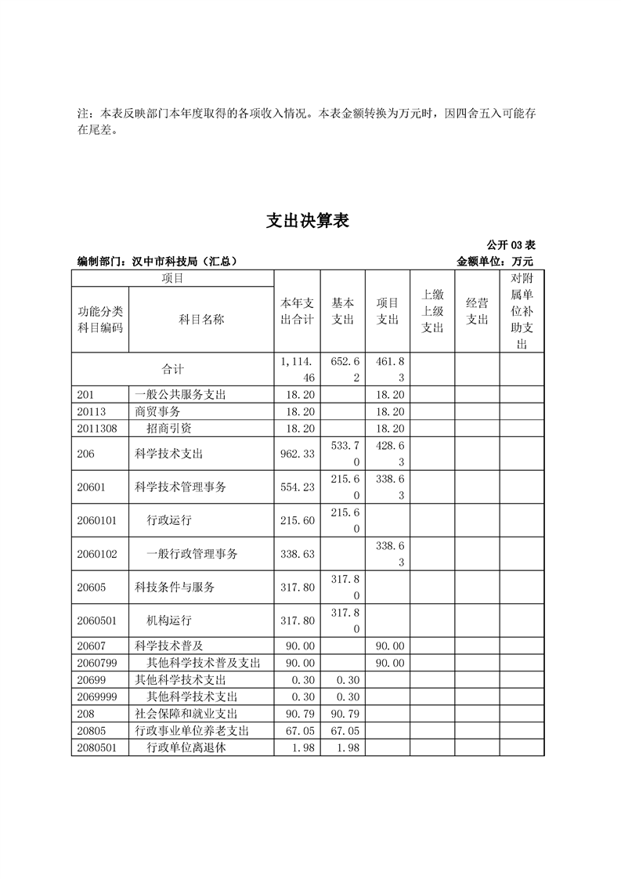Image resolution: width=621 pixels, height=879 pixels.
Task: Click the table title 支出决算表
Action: pos(307,222)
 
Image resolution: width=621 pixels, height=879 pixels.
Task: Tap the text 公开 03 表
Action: pos(511,245)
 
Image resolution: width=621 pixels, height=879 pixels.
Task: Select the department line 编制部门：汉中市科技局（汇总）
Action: pos(157,262)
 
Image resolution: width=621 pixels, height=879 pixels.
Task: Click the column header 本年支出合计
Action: pos(297,311)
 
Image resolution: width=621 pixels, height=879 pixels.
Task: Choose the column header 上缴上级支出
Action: pos(432,311)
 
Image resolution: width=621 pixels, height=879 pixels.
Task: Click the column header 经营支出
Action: pos(477,311)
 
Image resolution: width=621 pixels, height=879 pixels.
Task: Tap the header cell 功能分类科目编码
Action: pos(100,320)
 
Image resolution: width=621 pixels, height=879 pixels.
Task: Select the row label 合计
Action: pos(172,369)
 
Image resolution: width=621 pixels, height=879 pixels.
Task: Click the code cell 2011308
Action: pos(97,429)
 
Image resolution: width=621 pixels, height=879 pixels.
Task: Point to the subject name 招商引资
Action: pos(169,429)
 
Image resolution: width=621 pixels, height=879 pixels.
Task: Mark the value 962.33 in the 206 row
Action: pos(298,454)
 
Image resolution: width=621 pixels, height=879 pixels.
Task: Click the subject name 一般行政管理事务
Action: pos(192,554)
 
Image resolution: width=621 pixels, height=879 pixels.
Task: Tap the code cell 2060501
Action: pos(97,620)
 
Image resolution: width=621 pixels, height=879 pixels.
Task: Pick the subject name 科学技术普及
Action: pos(169,646)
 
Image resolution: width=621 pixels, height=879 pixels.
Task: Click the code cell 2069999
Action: pos(97,697)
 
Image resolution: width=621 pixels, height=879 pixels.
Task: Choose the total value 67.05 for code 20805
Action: pos(298,731)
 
